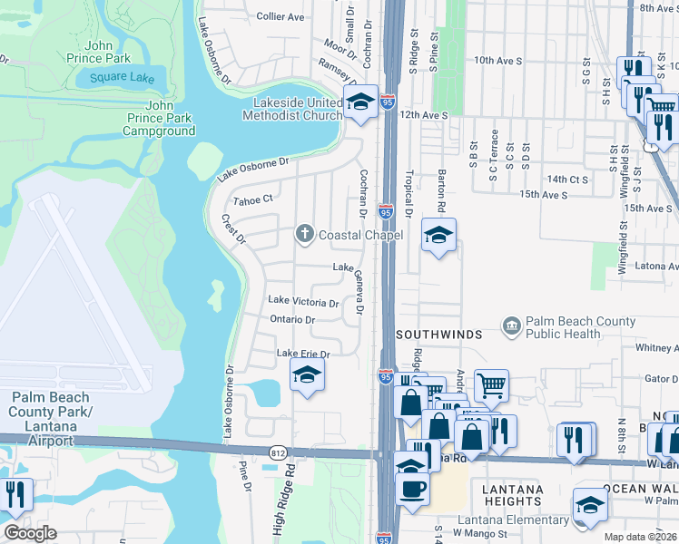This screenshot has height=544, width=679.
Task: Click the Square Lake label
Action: pyautogui.click(x=122, y=78)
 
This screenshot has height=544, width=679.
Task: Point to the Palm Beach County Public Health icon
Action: pyautogui.click(x=512, y=325)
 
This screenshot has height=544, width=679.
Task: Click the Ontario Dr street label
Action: pyautogui.click(x=291, y=320)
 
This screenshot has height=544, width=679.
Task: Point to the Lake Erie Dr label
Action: pyautogui.click(x=302, y=354)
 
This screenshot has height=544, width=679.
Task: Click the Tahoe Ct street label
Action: pyautogui.click(x=253, y=199)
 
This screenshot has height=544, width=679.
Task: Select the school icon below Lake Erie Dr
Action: pyautogui.click(x=308, y=374)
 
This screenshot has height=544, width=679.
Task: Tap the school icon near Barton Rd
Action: pyautogui.click(x=438, y=236)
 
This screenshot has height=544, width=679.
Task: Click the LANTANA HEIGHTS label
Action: pyautogui.click(x=514, y=496)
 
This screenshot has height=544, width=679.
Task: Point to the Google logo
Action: pyautogui.click(x=30, y=533)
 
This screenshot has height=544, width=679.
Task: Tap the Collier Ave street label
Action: pyautogui.click(x=280, y=16)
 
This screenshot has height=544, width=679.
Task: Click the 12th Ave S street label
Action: pyautogui.click(x=425, y=116)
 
